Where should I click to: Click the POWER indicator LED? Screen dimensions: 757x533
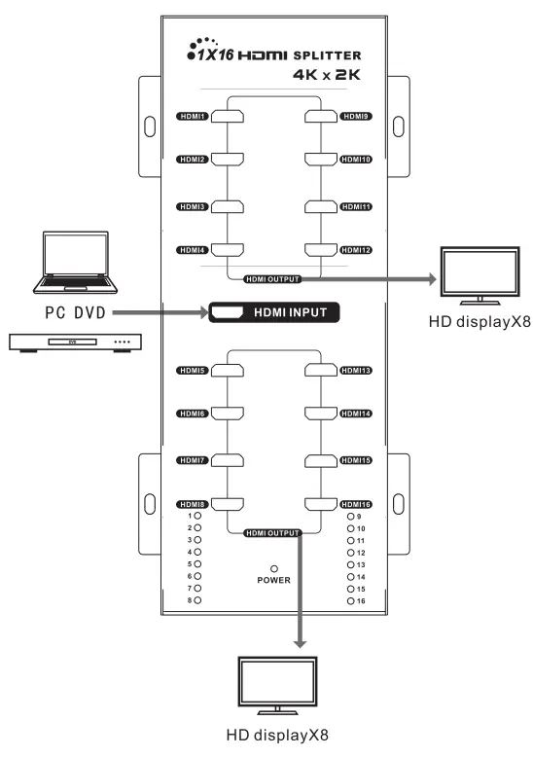275,568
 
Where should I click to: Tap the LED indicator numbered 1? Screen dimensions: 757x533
197,516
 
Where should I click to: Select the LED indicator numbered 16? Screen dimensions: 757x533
351,602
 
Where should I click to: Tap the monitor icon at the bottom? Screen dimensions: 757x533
275,687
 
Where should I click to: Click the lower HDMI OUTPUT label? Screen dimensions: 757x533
271,532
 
